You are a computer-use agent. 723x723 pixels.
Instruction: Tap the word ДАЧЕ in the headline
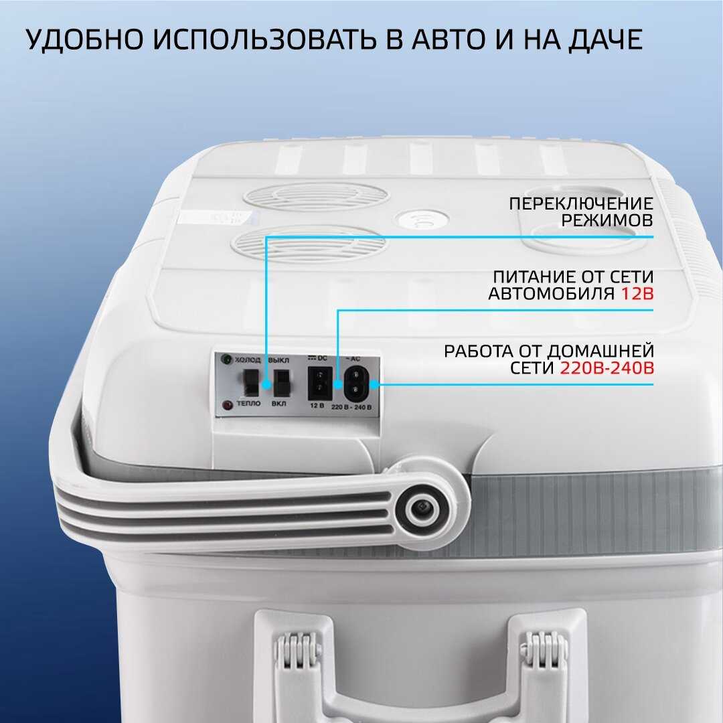605,39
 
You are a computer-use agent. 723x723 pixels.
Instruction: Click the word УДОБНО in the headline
84,39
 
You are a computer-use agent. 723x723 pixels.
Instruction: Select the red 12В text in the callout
637,293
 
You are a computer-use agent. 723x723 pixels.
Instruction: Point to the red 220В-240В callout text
607,368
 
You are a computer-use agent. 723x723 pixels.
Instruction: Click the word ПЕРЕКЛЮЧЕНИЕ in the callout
581,204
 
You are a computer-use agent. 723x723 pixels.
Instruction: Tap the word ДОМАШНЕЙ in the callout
600,351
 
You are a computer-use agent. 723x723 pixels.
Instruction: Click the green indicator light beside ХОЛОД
227,359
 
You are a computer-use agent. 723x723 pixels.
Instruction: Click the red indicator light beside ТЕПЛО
228,405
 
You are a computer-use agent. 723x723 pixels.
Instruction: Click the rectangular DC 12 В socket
319,383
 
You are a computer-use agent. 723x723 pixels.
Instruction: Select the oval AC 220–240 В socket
355,383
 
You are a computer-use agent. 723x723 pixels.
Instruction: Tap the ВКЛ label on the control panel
278,404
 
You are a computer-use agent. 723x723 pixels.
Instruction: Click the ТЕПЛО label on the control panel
248,404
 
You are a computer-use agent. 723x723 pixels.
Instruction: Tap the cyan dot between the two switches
266,384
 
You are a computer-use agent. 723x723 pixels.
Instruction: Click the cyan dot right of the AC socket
374,384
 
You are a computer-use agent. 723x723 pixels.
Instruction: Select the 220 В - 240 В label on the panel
351,408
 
